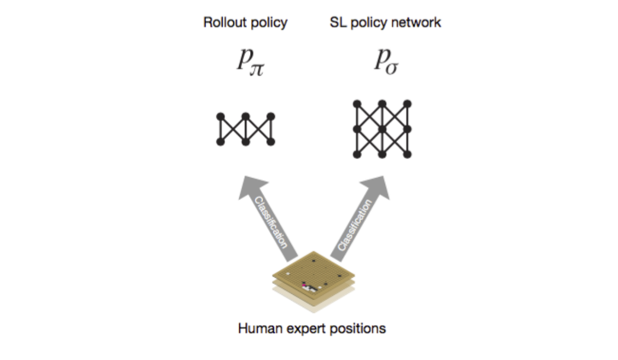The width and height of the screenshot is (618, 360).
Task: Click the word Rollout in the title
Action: coord(225,22)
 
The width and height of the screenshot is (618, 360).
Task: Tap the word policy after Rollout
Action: coord(269,23)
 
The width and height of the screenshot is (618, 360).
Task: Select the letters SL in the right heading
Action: coord(338,22)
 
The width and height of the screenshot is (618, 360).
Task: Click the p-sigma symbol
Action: coord(387,62)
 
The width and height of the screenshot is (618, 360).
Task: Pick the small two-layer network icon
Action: coord(245,129)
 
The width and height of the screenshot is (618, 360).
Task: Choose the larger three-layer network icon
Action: coord(382,129)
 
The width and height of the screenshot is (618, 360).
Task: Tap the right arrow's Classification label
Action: coord(355,225)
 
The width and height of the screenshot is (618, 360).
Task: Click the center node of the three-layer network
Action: coord(382,129)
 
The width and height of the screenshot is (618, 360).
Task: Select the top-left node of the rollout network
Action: coord(220,117)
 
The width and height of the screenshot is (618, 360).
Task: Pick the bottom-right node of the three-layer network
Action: coord(408,155)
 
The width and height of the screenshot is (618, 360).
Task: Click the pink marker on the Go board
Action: coord(304,283)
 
